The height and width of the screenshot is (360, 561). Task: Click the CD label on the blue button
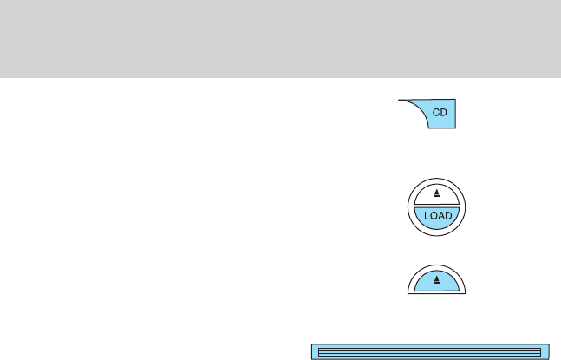[x=441, y=115]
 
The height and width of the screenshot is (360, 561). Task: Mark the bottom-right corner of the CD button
[x=456, y=129]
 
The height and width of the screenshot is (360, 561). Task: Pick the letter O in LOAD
[x=433, y=215]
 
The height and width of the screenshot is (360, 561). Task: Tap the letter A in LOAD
[x=441, y=215]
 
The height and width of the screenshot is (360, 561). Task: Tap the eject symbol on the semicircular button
[x=437, y=279]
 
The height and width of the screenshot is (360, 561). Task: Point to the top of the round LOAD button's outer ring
[x=437, y=177]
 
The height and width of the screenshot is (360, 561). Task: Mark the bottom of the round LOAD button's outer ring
[x=437, y=239]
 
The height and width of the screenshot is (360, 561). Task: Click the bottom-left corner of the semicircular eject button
[x=408, y=294]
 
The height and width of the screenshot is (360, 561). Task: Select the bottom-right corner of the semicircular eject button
[x=466, y=294]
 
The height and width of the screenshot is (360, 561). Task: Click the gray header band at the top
[x=280, y=39]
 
